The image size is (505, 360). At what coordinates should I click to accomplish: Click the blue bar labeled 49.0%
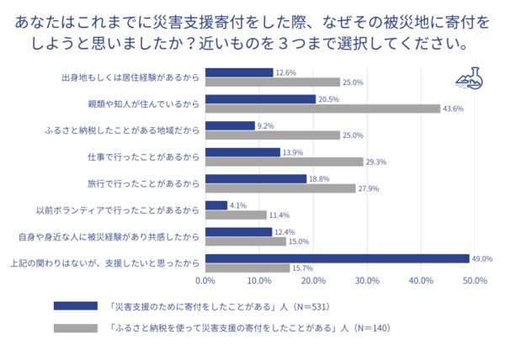coord(337,258)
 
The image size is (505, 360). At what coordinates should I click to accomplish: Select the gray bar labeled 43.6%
coord(322,109)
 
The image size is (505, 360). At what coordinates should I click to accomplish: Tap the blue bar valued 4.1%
coord(216,205)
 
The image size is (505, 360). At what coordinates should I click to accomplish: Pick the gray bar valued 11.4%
coord(236,214)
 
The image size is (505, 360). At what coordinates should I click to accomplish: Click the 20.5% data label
coord(327,99)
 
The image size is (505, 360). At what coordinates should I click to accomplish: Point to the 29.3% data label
coord(375,161)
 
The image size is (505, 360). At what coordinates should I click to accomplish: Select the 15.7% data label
coord(302,267)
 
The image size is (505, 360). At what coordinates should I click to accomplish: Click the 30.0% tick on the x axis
coord(367,280)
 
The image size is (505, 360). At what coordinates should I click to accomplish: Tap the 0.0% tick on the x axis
coord(205,280)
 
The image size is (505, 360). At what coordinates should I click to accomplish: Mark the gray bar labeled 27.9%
coord(280,188)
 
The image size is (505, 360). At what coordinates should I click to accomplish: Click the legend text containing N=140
coord(253,327)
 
